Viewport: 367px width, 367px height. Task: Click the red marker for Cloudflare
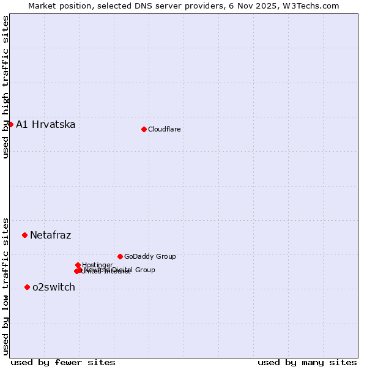click(144, 129)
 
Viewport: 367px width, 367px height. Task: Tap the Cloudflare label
click(164, 129)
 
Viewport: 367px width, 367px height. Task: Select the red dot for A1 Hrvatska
click(10, 124)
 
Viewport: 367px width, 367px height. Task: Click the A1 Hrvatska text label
click(46, 125)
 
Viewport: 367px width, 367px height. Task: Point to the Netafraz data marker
click(24, 235)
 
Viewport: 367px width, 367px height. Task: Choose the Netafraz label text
click(50, 235)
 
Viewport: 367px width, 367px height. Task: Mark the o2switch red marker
click(27, 287)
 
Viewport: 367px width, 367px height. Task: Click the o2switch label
click(54, 287)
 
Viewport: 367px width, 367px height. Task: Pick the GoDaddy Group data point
click(120, 256)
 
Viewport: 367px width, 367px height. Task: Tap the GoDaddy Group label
click(150, 256)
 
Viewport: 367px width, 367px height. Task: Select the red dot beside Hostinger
click(78, 265)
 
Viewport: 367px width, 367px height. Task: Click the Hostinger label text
click(97, 265)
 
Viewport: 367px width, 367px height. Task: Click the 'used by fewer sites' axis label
click(63, 362)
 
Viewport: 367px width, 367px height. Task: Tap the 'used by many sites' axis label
click(307, 362)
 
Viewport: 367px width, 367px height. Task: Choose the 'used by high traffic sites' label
click(6, 87)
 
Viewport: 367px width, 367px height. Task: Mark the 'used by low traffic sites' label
click(6, 286)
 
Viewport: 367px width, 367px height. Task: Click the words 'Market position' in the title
click(56, 6)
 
